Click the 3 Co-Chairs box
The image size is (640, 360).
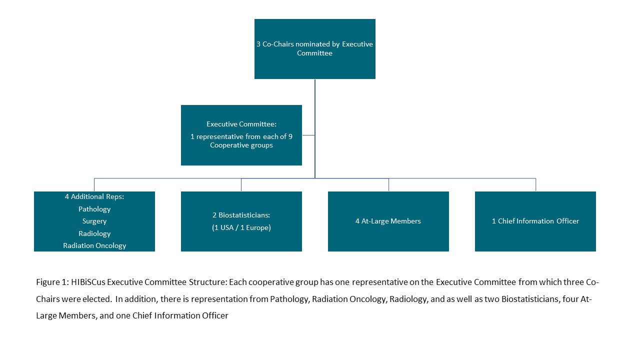(x=315, y=49)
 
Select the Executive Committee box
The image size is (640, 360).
(x=241, y=135)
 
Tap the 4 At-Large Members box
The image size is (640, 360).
(x=388, y=221)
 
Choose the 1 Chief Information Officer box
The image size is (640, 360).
(x=535, y=221)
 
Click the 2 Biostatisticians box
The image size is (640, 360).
(x=241, y=221)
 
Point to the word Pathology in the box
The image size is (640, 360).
(x=94, y=209)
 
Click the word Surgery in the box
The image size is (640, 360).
(x=94, y=221)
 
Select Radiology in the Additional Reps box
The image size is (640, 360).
(x=94, y=233)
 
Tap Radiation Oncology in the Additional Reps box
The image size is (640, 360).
(x=94, y=245)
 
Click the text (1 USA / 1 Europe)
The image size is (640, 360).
(x=241, y=227)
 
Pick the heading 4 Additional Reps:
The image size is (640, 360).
(x=94, y=196)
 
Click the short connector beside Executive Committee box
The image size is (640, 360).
(x=308, y=135)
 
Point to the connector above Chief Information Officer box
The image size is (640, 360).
(x=535, y=184)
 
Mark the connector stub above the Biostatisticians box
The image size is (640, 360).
(x=241, y=184)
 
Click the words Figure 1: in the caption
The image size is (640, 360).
(x=52, y=282)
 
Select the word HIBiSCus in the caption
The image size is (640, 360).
(x=88, y=282)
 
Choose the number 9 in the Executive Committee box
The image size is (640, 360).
(x=290, y=136)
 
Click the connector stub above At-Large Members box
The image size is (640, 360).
(x=388, y=184)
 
